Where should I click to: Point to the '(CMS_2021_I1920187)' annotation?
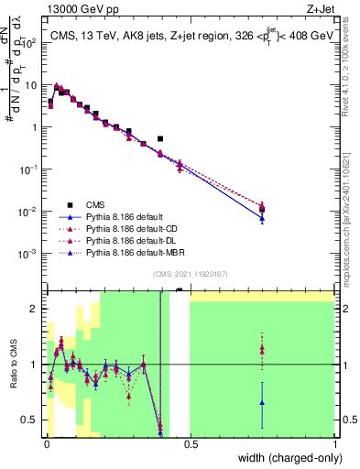189,274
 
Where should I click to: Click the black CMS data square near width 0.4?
160,139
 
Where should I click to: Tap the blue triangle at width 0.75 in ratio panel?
262,402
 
